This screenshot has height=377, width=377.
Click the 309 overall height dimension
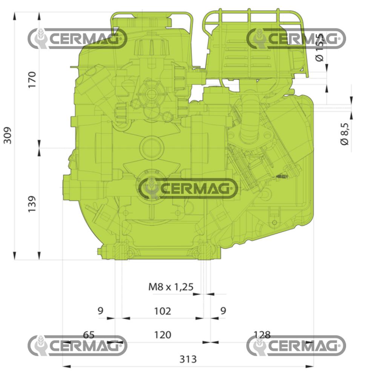click(x=8, y=135)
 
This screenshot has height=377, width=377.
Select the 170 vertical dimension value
click(x=32, y=79)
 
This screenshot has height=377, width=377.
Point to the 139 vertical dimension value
click(x=32, y=204)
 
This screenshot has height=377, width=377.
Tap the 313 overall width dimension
click(x=188, y=359)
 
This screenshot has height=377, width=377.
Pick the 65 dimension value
click(x=89, y=335)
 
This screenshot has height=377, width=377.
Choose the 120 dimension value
click(x=162, y=335)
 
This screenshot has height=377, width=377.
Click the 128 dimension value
click(x=262, y=335)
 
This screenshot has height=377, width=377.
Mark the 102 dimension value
click(x=162, y=311)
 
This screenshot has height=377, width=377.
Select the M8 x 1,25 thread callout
click(x=171, y=287)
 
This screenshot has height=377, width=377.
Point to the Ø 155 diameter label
click(x=320, y=48)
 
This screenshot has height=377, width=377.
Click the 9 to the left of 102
click(x=100, y=311)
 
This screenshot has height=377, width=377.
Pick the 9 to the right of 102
click(x=223, y=311)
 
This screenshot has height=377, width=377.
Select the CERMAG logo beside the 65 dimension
click(x=77, y=345)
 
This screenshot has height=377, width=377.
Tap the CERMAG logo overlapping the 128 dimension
click(x=296, y=345)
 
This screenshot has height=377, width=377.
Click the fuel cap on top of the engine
click(x=151, y=19)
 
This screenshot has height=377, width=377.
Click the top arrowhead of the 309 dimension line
click(x=15, y=16)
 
